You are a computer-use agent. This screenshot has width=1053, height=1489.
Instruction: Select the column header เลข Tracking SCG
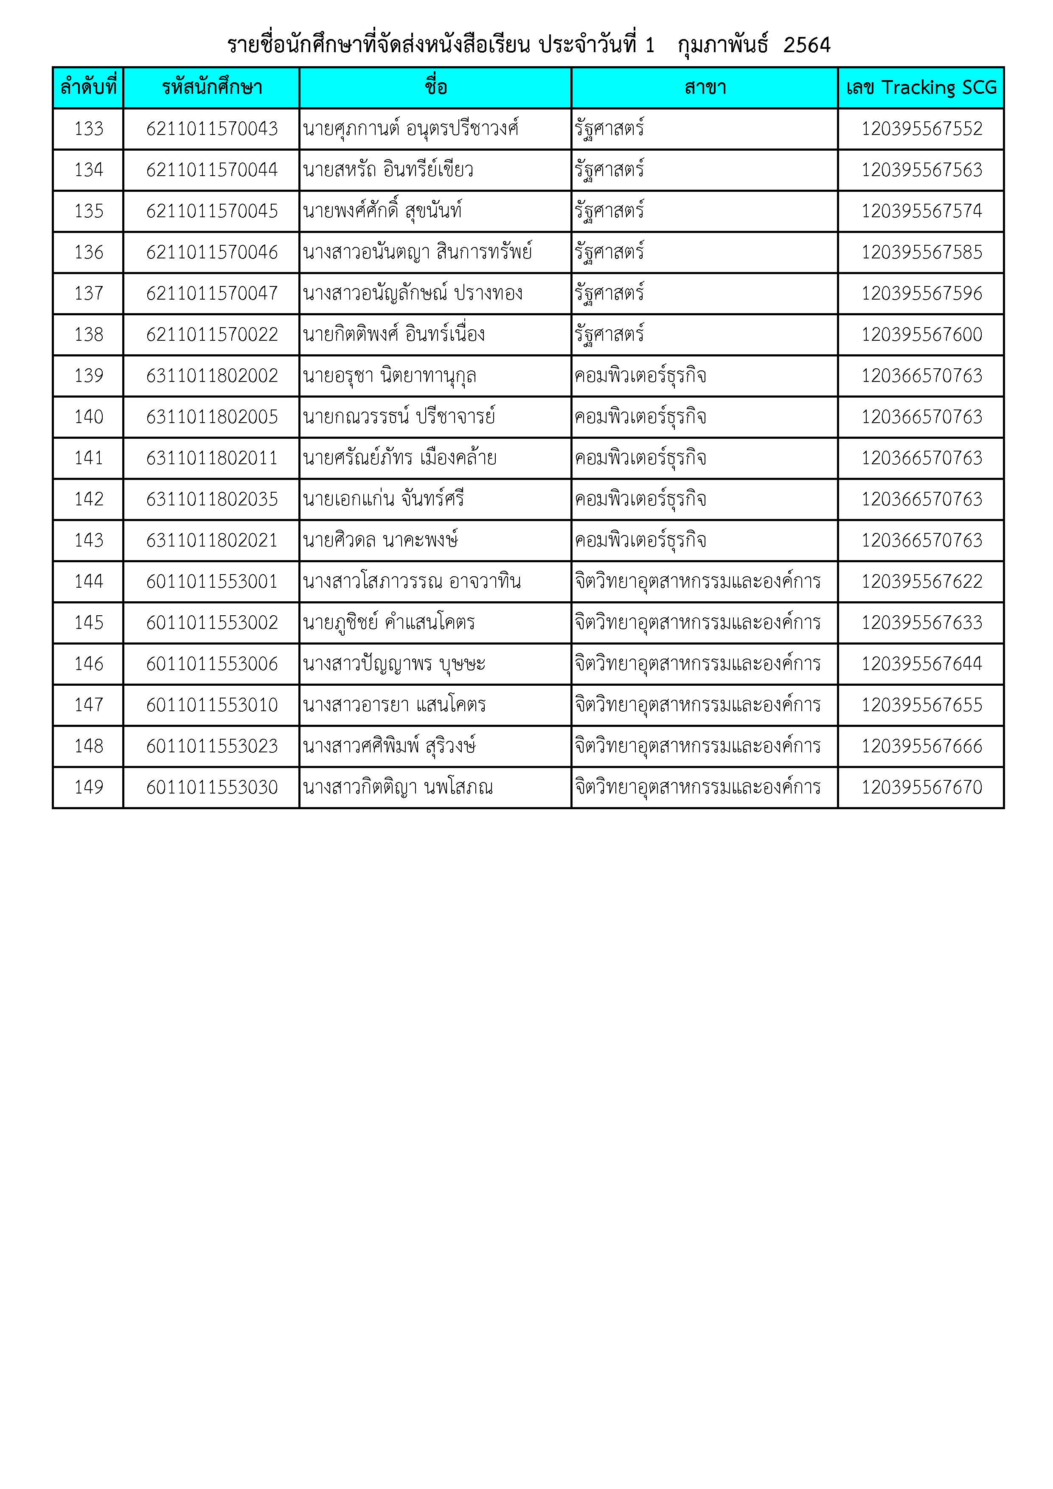pyautogui.click(x=921, y=87)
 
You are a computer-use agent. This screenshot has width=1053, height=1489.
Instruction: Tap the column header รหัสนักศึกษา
pyautogui.click(x=211, y=87)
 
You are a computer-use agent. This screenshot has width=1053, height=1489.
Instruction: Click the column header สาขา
pyautogui.click(x=705, y=87)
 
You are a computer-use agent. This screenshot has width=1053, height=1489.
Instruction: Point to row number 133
pyautogui.click(x=89, y=129)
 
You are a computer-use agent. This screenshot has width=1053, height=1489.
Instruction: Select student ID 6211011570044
pyautogui.click(x=211, y=170)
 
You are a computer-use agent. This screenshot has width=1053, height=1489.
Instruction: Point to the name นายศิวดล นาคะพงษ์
pyautogui.click(x=380, y=540)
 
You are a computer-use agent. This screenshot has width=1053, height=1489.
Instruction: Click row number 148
pyautogui.click(x=89, y=746)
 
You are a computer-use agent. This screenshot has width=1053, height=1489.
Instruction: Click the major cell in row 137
pyautogui.click(x=609, y=294)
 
